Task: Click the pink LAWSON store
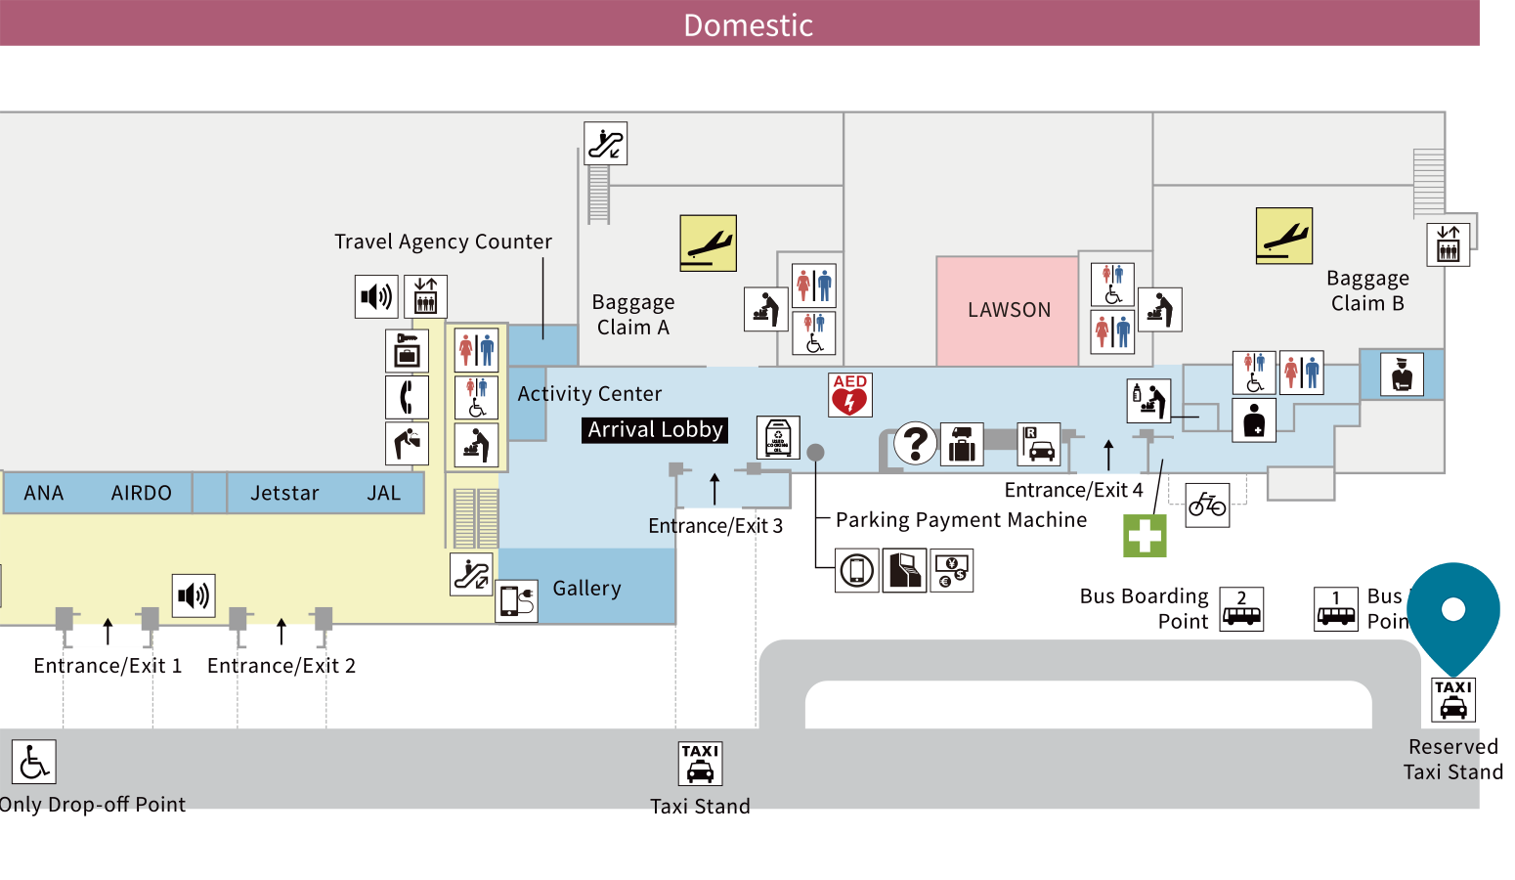[x=1008, y=310]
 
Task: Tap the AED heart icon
[x=849, y=395]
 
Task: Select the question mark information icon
[x=916, y=443]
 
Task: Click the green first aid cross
[x=1145, y=536]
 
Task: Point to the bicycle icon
[x=1207, y=506]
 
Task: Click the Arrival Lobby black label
[x=655, y=430]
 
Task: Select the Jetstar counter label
[x=284, y=494]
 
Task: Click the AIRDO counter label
[x=141, y=494]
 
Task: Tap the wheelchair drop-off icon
[x=34, y=763]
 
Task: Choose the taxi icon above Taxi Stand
[x=700, y=764]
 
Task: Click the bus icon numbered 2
[x=1241, y=609]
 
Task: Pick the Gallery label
[x=586, y=589]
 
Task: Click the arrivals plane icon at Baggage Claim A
[x=708, y=242]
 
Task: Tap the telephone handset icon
[x=407, y=397]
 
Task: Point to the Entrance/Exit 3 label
[x=715, y=526]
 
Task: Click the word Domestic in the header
[x=748, y=24]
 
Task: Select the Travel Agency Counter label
[x=443, y=242]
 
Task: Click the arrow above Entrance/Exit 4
[x=1108, y=455]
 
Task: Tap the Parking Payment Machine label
[x=961, y=520]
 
